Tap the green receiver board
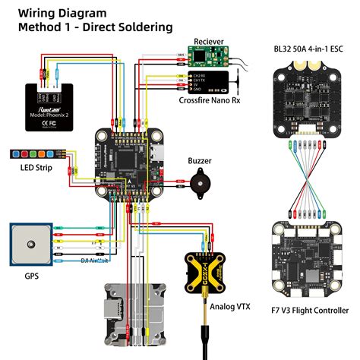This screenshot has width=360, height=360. coord(208,55)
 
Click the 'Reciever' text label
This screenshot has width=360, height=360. coord(209,41)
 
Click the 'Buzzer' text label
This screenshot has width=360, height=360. coord(201,161)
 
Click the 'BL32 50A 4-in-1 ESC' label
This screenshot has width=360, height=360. coord(308,49)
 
